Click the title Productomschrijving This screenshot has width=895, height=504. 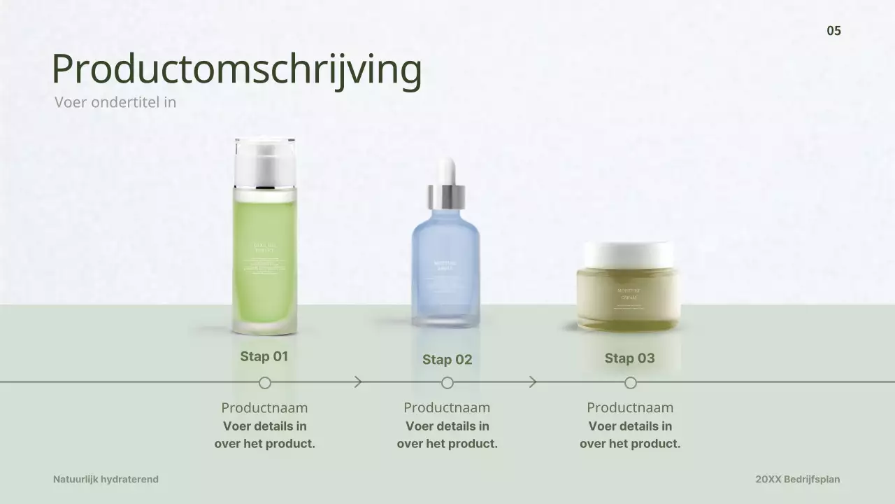(236, 69)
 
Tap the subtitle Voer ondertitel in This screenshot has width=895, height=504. (115, 102)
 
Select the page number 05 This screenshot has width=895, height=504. (833, 31)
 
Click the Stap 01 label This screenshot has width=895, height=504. (264, 356)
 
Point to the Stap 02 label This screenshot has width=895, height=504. (447, 360)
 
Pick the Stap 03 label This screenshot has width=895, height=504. (630, 358)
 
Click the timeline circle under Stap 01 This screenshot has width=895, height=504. (265, 383)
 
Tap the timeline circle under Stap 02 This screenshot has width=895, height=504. (447, 383)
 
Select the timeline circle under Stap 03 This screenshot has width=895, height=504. (631, 383)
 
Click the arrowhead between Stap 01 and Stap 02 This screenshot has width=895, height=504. (359, 382)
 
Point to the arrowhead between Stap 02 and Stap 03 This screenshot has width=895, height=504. (534, 382)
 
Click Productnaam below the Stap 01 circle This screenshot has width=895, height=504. (264, 407)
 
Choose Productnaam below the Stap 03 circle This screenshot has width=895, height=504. (630, 407)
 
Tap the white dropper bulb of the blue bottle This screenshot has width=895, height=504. (446, 171)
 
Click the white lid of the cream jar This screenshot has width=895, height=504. (628, 254)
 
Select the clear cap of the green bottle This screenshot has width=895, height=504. (265, 161)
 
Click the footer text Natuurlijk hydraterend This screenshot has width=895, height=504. (106, 479)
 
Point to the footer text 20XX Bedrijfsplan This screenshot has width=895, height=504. (798, 479)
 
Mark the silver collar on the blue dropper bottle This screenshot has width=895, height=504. (446, 196)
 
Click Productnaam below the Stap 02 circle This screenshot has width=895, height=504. (447, 407)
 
